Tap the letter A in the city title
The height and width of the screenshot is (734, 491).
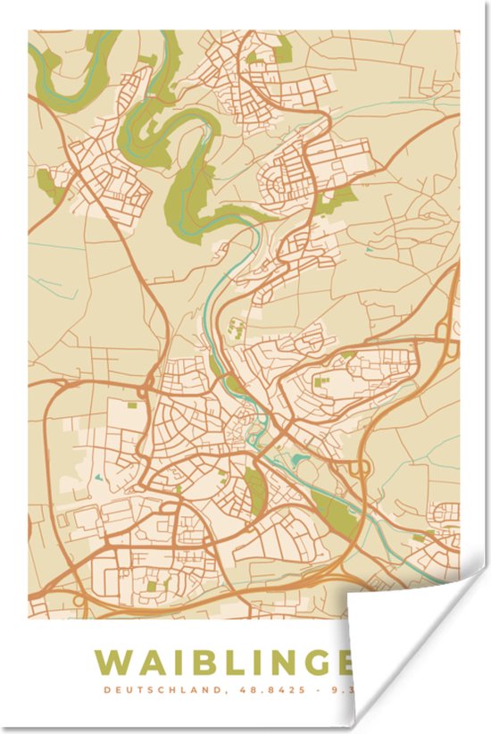click(154, 663)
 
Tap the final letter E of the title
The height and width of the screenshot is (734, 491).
click(348, 663)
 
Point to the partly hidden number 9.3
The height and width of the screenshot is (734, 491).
click(338, 689)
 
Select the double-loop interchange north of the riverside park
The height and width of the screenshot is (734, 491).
click(361, 468)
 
